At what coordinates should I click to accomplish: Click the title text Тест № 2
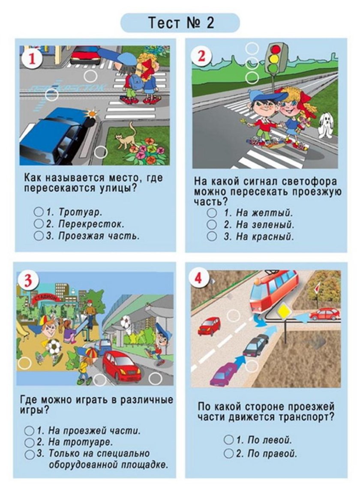(180, 23)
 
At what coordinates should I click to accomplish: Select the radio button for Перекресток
(39, 224)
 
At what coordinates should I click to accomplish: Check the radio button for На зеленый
(212, 224)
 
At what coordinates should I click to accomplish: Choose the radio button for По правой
(229, 453)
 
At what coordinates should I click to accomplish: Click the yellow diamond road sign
(284, 309)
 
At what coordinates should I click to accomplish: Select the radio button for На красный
(212, 236)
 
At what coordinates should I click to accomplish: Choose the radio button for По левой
(229, 440)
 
